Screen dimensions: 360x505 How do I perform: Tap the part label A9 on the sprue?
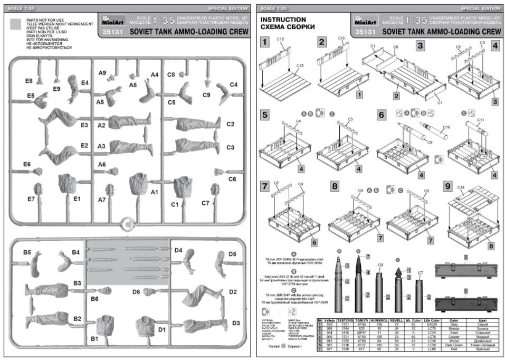coord(102,72)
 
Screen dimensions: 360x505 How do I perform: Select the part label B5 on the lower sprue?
coord(28,252)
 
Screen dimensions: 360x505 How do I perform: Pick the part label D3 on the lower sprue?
coord(235,323)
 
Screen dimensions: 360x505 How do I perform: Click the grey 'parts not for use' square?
coord(16,23)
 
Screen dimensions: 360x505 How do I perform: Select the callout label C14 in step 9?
coord(460,187)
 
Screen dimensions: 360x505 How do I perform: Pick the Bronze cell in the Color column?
coord(454,328)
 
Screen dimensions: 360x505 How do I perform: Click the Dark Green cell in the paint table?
coord(454,345)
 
